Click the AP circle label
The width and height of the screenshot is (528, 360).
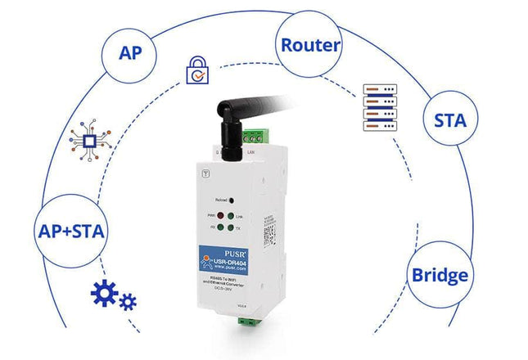129,54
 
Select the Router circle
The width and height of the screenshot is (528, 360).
309,46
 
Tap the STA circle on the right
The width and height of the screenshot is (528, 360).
449,121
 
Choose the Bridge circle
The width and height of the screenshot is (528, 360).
440,275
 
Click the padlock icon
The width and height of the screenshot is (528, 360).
197,71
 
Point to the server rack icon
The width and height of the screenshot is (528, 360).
380,108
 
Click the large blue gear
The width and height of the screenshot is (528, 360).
104,292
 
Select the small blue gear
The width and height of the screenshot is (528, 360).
128,304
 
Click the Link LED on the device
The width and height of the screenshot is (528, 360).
234,216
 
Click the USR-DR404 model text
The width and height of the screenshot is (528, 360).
228,261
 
